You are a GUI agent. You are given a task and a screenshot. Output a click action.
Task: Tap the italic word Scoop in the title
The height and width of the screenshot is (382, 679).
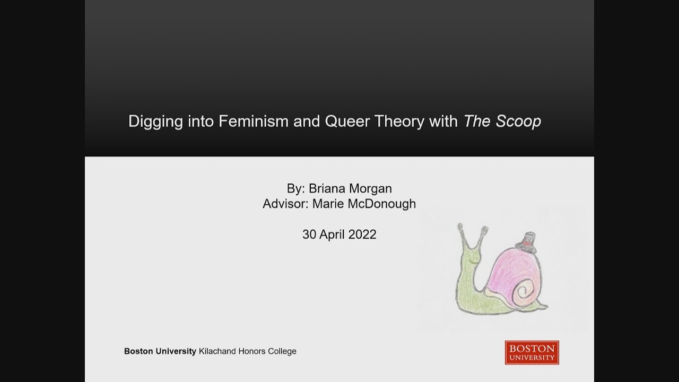(518, 122)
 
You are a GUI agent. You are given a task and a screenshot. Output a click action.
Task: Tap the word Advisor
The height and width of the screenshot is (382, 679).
(285, 204)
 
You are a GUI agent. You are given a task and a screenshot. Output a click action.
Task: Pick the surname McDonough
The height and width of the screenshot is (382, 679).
(380, 204)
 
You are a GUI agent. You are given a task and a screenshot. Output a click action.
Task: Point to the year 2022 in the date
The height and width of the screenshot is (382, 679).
(362, 235)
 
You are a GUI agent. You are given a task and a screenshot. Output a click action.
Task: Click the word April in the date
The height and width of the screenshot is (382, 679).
(332, 235)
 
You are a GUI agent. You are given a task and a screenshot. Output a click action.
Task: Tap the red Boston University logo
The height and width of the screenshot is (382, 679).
(532, 352)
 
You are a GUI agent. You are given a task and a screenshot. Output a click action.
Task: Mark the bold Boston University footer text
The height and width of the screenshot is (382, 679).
(160, 351)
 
